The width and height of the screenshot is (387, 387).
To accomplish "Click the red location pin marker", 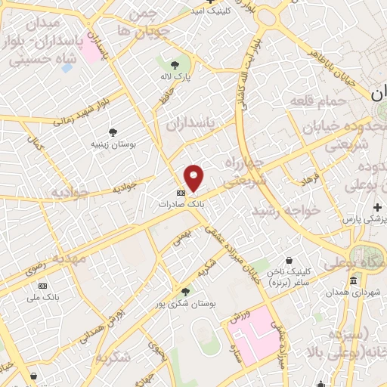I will coord(194,178).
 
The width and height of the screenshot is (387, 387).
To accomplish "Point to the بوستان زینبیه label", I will coord(113,143).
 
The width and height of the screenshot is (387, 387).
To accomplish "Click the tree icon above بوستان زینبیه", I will coord(113,132).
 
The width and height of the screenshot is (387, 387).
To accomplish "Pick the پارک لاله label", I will coord(176,77).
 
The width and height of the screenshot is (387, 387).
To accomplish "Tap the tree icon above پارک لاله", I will coord(175,65).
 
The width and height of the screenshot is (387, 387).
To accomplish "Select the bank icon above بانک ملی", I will coord(42,286).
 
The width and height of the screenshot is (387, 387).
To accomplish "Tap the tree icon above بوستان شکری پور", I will coord(186,291).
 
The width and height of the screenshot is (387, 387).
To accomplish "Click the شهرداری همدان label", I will coord(354,293).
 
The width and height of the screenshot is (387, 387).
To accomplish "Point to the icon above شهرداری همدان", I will coord(353,281).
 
